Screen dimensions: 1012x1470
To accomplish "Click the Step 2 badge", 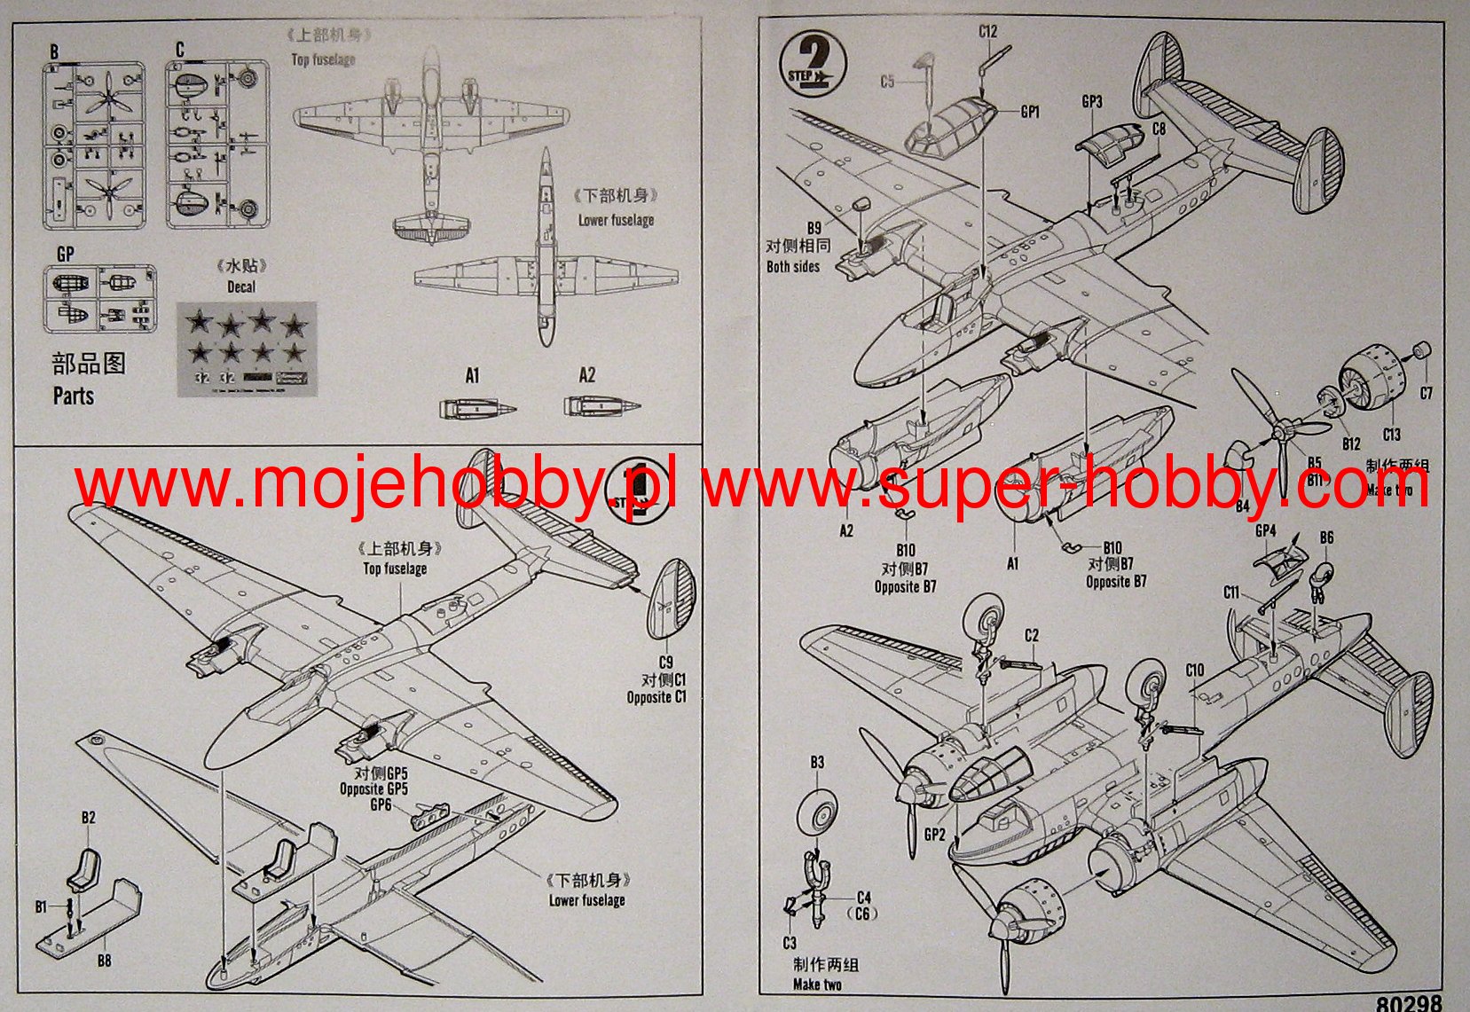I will coord(812,65).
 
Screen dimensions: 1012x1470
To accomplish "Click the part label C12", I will coord(988,31).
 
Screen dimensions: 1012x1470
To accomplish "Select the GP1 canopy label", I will coord(1030,112).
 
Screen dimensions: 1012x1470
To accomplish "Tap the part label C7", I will coord(1426,393).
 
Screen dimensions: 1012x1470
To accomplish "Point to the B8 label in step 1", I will coord(105,961).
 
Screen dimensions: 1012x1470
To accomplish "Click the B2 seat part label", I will coord(88,818).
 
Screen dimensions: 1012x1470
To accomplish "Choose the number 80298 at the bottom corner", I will coord(1411,1002).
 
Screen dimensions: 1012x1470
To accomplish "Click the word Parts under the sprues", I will coord(74,396).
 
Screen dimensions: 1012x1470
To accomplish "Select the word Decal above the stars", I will coord(240,286).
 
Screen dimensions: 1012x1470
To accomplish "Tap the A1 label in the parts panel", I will coord(472,376).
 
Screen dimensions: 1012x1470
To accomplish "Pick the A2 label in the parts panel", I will coord(587,375).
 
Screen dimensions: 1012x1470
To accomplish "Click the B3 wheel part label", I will coord(817,763).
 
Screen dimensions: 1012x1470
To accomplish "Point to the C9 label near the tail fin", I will coord(665,662).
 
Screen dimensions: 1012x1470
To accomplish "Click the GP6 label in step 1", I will coord(381,804).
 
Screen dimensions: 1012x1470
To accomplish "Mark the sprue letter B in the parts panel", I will coord(54,52).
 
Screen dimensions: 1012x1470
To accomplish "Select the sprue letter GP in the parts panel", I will coord(65,254).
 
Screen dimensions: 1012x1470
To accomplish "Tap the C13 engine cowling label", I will coord(1391,435).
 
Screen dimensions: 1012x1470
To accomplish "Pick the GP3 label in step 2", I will coord(1091,102).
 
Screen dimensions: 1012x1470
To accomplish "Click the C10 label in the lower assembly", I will coord(1194,670).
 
